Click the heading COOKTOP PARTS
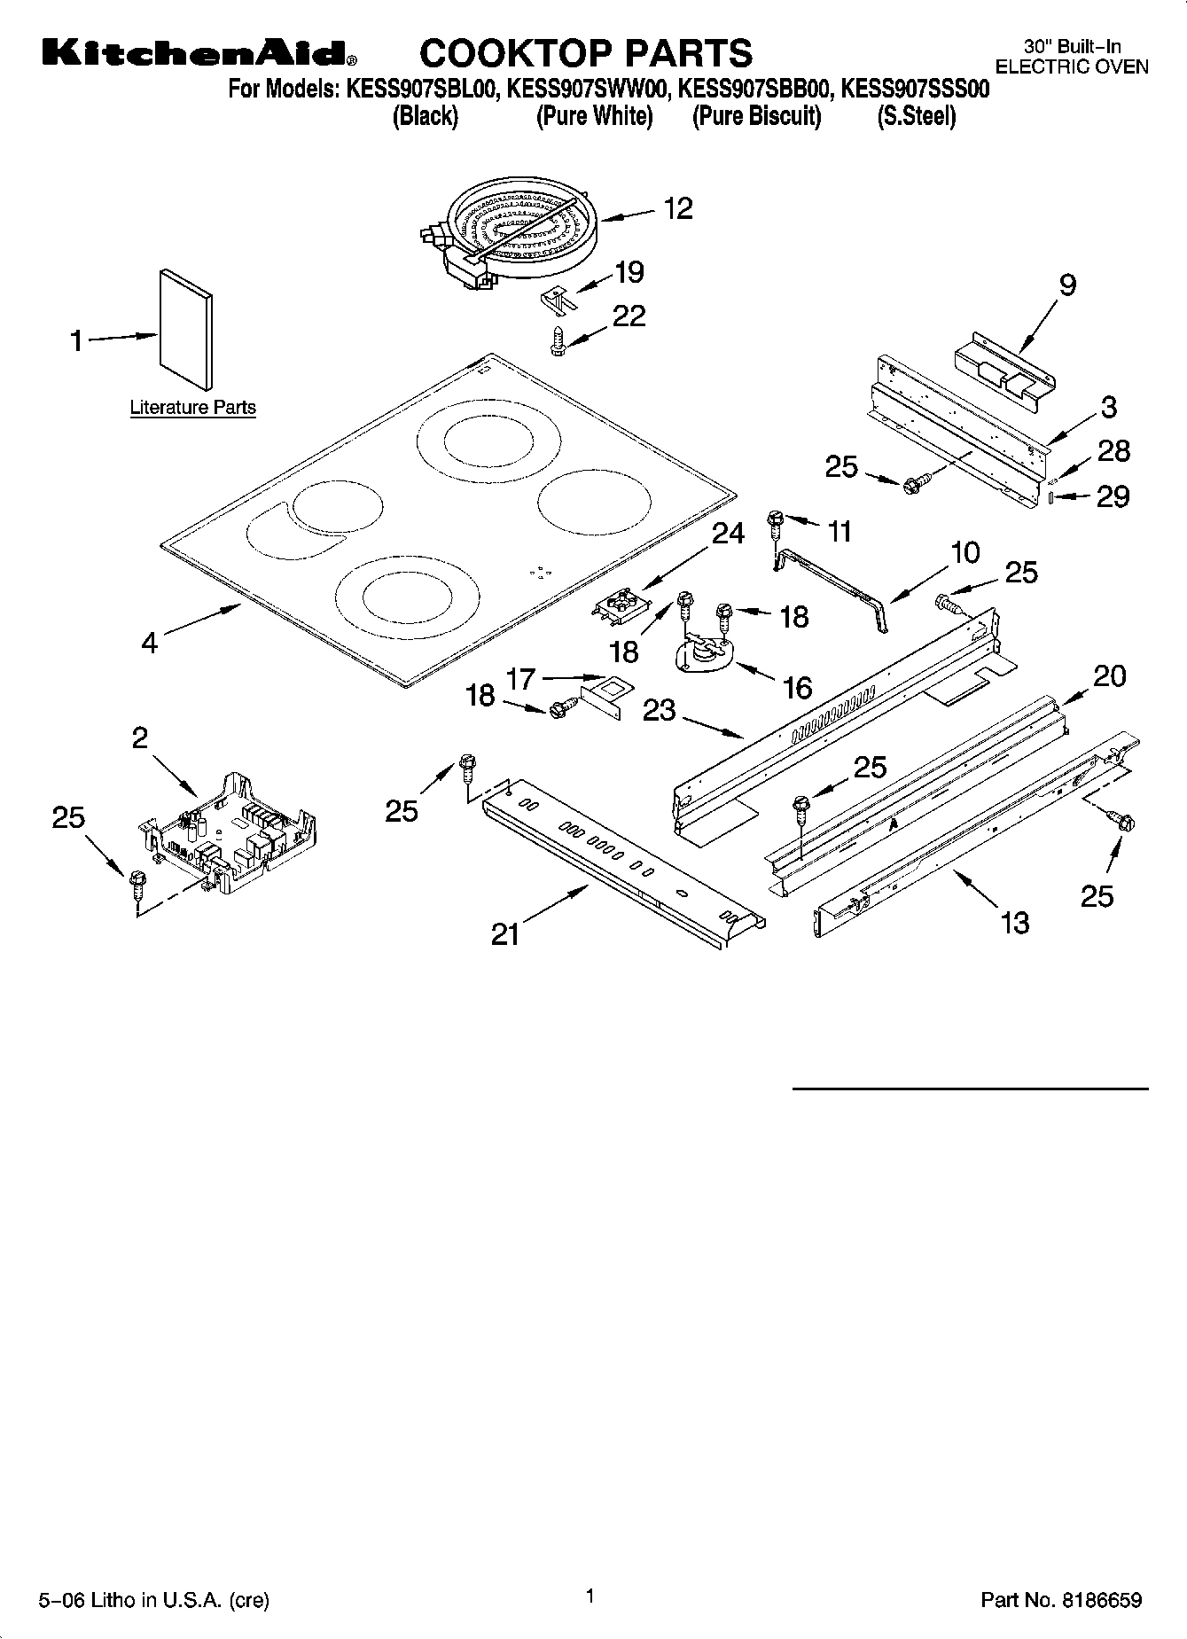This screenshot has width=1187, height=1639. click(585, 53)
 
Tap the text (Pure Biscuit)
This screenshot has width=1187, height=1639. click(756, 116)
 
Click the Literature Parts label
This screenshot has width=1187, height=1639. click(192, 408)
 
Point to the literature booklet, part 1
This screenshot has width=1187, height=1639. click(185, 330)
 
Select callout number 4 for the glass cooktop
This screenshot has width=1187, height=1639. click(149, 642)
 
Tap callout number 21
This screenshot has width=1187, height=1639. click(505, 933)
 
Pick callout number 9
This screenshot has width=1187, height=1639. click(1067, 285)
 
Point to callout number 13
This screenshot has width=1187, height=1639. click(1014, 923)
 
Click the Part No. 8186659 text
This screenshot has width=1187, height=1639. click(1061, 1600)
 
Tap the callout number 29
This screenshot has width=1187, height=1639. click(1113, 496)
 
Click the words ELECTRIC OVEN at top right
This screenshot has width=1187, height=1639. click(1072, 66)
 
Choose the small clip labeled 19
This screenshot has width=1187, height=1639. click(557, 298)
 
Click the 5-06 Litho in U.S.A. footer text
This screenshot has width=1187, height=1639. click(153, 1600)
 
